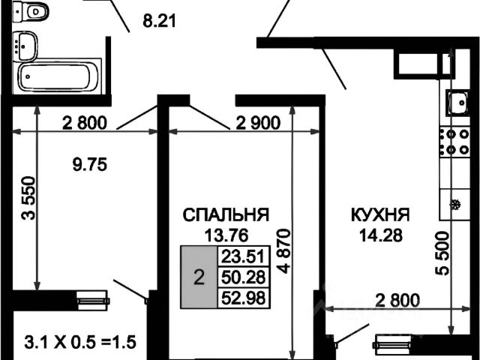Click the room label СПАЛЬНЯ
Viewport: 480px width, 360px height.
tap(226, 215)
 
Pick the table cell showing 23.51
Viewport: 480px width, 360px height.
tap(241, 256)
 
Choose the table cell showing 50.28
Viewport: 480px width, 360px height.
tap(241, 277)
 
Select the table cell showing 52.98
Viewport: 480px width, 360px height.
tap(241, 298)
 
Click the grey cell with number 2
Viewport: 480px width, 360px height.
tap(198, 278)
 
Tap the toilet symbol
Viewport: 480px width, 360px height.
tap(33, 12)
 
